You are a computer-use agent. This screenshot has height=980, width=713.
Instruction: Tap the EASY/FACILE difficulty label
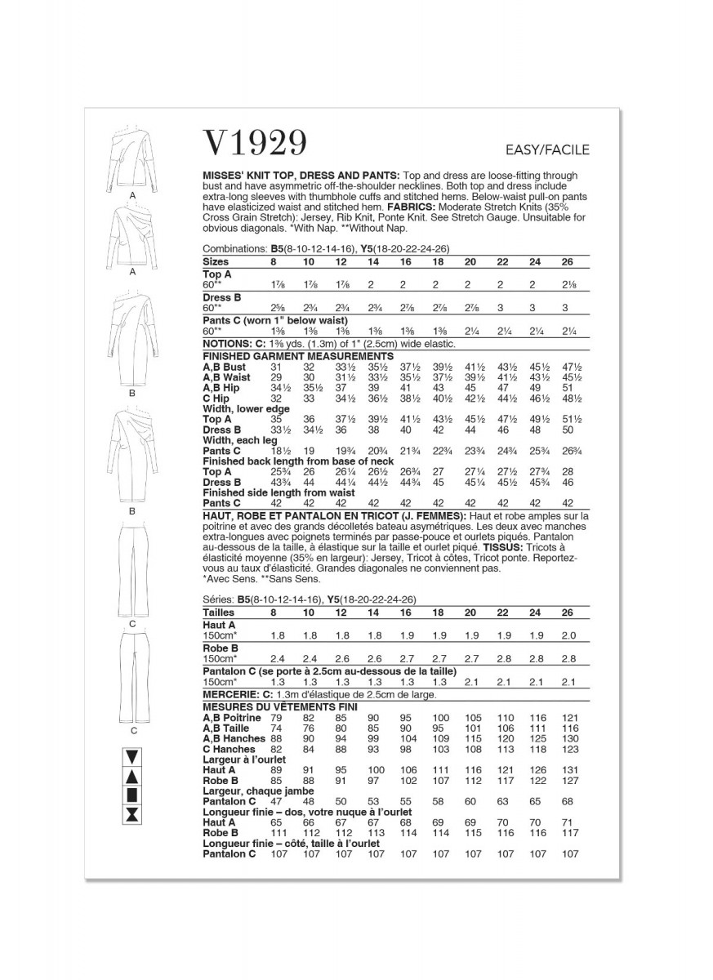pos(546,149)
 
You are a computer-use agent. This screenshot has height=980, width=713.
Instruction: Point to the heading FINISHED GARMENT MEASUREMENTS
pos(298,356)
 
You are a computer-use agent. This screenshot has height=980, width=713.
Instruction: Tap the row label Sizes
pos(217,262)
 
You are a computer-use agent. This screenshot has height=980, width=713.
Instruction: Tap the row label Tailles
pos(219,612)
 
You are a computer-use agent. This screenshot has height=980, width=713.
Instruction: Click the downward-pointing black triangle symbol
pos(131,755)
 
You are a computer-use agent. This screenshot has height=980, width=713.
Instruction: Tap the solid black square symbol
pos(131,795)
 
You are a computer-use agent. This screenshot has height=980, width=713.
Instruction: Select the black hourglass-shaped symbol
pos(131,815)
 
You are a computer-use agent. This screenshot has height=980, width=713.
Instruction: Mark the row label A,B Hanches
pos(233,737)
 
